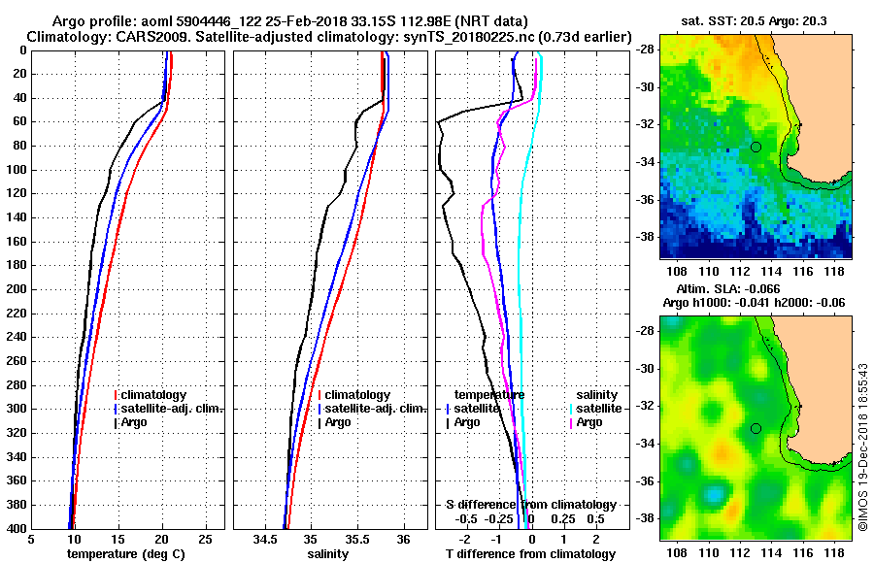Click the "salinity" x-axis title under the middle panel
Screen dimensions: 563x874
[x=327, y=554]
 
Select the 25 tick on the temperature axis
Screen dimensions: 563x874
[x=205, y=540]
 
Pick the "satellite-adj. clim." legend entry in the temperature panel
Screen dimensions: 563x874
[x=172, y=409]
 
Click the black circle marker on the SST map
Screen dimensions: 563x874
[x=756, y=147]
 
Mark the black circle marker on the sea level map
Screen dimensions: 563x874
[x=756, y=428]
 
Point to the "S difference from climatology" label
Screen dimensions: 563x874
[x=530, y=505]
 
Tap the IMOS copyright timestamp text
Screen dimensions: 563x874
[x=862, y=447]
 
